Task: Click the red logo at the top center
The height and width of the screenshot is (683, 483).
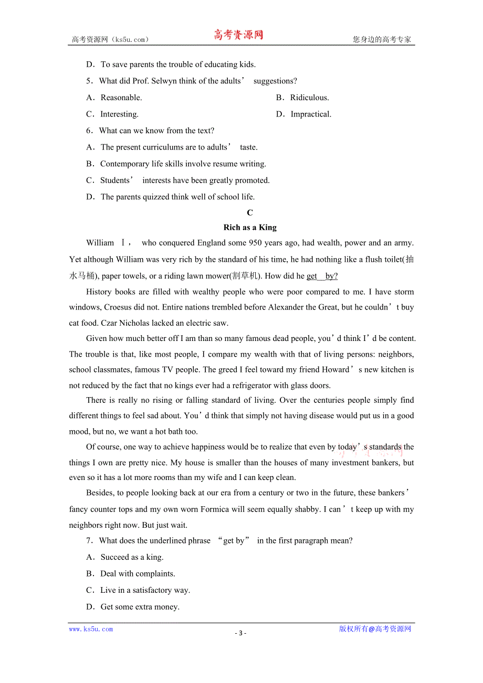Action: [x=238, y=35]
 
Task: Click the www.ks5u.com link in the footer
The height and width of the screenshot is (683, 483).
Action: [x=91, y=629]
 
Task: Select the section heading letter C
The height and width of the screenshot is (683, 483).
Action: [x=250, y=212]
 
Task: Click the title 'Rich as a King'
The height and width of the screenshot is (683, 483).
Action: [x=250, y=227]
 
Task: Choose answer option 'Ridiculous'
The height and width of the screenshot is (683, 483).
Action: [x=309, y=98]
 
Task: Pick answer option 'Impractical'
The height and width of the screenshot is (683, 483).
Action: [x=311, y=114]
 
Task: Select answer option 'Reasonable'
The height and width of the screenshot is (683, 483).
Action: [x=121, y=98]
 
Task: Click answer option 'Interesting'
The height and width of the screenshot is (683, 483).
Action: [x=119, y=114]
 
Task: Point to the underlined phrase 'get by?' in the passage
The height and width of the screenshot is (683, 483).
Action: [x=322, y=276]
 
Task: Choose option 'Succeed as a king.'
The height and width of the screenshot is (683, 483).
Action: [x=132, y=557]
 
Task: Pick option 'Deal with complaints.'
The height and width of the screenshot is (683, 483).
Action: [x=138, y=574]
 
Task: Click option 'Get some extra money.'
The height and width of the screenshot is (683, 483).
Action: [x=140, y=607]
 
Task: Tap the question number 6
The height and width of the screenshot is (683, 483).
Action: [x=89, y=131]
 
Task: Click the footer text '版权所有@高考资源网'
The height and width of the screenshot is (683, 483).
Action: [x=375, y=629]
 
